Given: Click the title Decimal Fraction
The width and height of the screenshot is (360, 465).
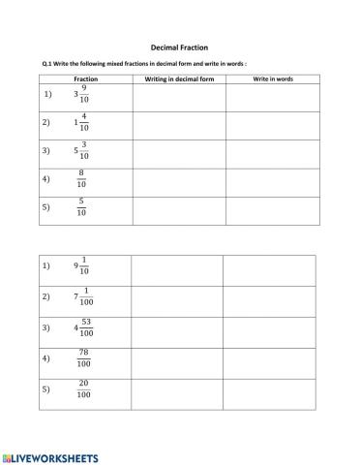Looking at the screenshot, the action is (180, 46).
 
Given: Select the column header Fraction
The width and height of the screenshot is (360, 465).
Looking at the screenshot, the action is (85, 78).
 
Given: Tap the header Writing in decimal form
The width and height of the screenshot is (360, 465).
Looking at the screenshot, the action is (179, 78).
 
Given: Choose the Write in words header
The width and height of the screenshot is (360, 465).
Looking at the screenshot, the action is (273, 78).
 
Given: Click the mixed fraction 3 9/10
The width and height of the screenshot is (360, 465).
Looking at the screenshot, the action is (81, 95).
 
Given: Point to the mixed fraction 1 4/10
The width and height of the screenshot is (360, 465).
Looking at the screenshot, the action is (81, 123).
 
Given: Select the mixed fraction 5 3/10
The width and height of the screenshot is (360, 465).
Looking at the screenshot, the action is (81, 151).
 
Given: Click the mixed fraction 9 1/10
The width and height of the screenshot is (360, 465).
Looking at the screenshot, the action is (81, 265).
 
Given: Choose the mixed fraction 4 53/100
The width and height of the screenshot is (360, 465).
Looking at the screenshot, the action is (82, 328).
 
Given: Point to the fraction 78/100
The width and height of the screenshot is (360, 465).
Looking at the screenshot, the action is (84, 358).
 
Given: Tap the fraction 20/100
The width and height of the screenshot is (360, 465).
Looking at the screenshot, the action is (84, 389).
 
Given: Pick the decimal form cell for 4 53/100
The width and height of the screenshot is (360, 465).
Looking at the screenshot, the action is (176, 329).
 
